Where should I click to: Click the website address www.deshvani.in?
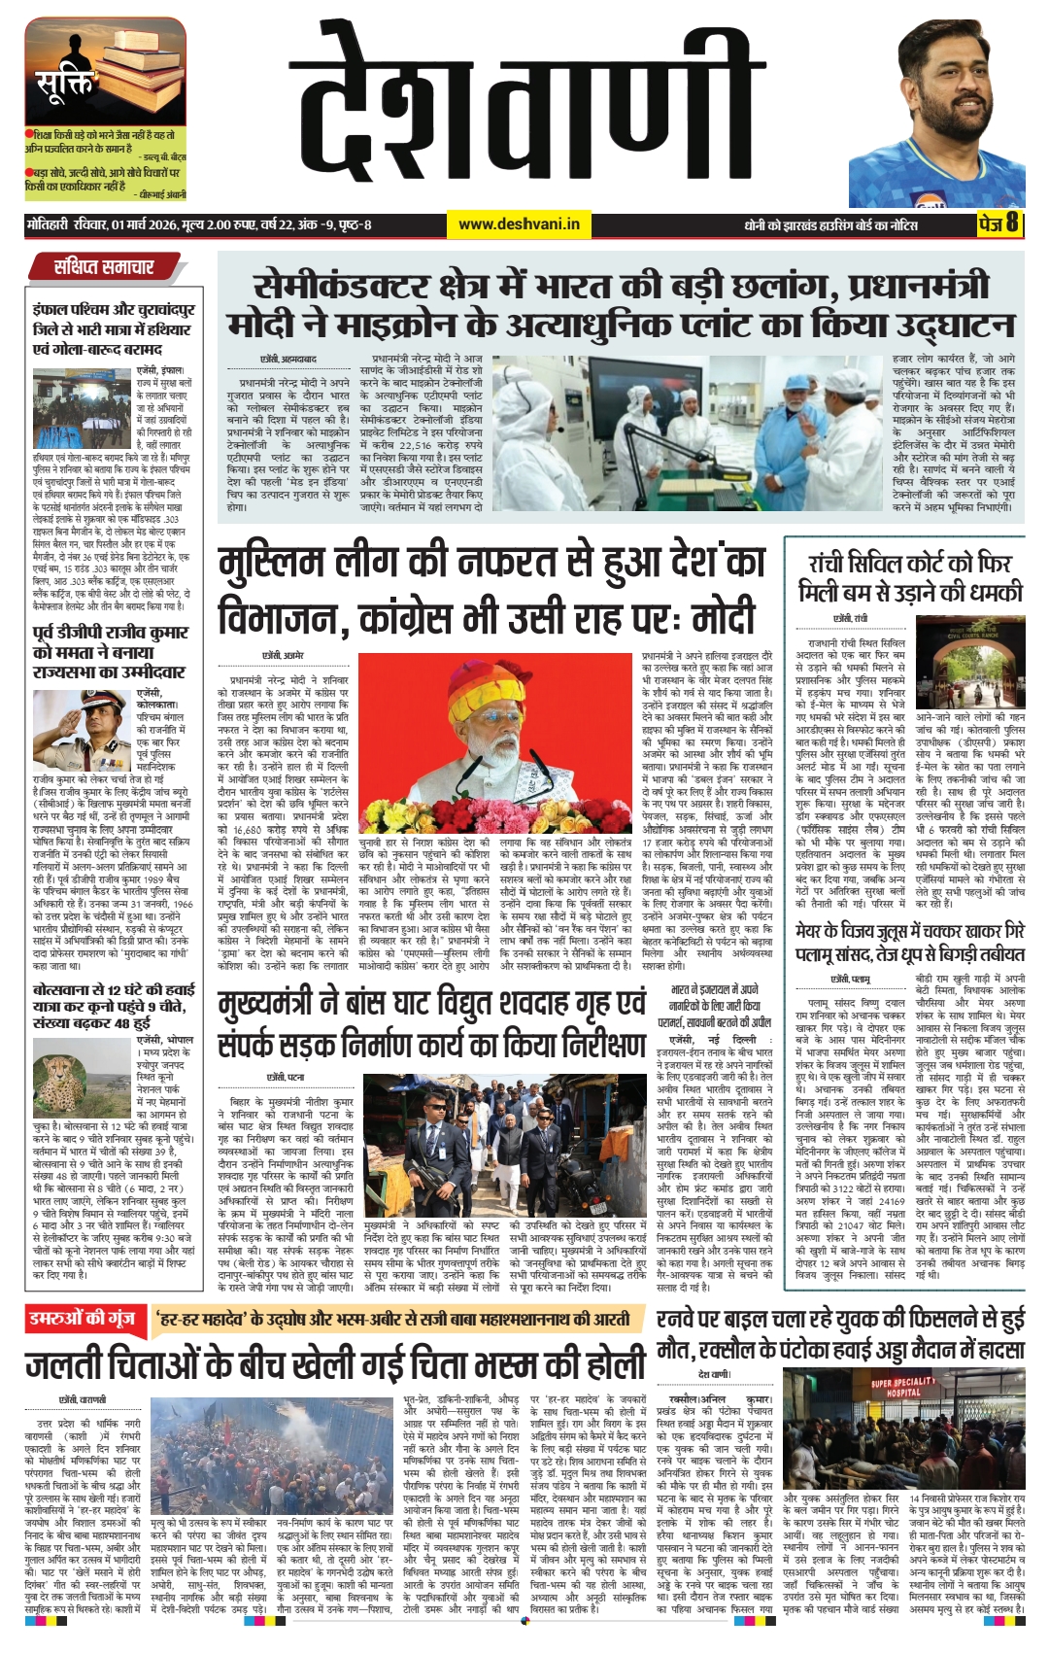(519, 224)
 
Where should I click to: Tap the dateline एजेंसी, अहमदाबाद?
(288, 360)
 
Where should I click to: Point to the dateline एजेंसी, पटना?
(286, 1077)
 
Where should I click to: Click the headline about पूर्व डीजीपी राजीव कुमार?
(112, 652)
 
